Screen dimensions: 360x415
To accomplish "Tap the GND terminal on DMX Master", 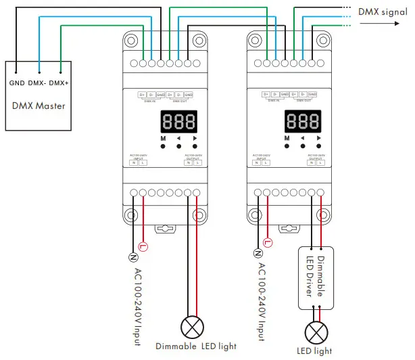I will point(18,83).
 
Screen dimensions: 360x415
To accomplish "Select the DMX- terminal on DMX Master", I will point(39,83).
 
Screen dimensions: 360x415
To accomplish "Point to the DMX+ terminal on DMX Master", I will point(59,83).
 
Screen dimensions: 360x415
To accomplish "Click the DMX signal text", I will point(383,12).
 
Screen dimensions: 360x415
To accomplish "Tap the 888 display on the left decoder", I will point(178,122).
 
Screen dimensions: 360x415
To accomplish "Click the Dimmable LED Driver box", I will point(316,277).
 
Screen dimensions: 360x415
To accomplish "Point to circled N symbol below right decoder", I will point(258,253).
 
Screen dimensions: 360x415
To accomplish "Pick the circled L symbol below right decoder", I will point(268,242).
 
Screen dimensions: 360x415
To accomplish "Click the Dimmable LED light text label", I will point(195,346).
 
